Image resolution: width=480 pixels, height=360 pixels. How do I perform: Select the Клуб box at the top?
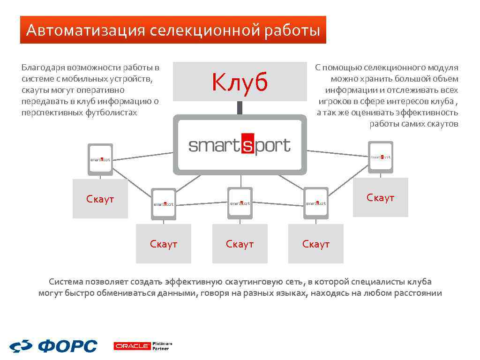239,82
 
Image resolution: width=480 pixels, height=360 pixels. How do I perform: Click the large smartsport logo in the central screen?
240,145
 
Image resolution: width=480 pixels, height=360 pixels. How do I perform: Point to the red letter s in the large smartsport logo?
247,145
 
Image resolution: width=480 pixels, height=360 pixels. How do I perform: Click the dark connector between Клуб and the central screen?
240,108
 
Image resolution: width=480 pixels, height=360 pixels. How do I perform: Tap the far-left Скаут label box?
100,199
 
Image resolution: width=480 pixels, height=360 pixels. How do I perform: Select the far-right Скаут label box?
380,198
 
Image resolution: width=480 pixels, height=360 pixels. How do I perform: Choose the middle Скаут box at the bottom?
240,244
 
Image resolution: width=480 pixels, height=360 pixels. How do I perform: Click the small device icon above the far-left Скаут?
100,159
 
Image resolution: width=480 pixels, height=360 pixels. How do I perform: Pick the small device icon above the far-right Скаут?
380,157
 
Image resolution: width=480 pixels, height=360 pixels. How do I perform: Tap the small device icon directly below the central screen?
240,203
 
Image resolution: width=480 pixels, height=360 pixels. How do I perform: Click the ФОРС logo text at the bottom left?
67,346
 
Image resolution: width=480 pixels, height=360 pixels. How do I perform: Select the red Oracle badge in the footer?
132,346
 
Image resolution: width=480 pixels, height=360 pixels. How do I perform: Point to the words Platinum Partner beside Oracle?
162,346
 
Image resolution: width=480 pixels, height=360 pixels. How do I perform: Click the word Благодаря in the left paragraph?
43,67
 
